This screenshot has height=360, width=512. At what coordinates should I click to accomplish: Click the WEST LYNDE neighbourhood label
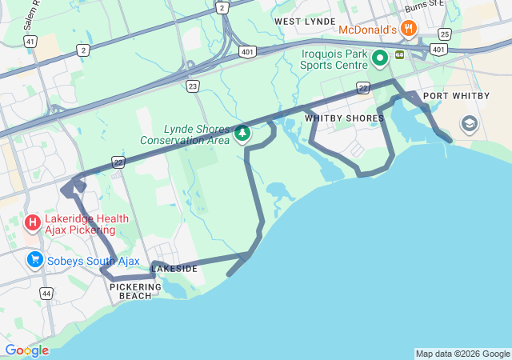coord(304,21)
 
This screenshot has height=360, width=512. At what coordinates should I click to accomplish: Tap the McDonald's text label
coord(367,30)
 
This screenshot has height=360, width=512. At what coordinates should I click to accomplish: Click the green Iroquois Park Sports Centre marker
coord(378,57)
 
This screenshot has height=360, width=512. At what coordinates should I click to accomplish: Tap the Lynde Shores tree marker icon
coord(242,133)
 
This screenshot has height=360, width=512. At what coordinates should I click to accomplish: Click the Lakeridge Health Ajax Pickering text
coord(80,224)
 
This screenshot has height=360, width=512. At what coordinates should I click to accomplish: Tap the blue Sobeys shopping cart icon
coord(34,260)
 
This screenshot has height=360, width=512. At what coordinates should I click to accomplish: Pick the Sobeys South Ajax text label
coord(93,262)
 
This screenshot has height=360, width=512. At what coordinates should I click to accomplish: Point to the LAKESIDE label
coord(174,269)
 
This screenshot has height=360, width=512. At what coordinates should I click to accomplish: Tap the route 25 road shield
coord(445,34)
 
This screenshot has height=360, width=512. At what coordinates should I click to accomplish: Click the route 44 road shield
coord(46,294)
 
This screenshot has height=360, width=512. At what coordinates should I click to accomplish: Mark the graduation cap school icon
coord(469,124)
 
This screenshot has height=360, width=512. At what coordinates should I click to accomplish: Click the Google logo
coord(26,350)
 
